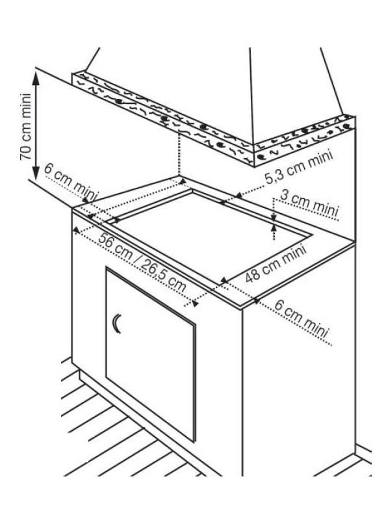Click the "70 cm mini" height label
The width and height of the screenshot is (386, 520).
(x=25, y=127)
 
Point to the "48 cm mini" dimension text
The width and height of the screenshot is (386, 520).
(x=276, y=263)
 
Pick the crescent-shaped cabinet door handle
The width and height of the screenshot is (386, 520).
(x=117, y=323)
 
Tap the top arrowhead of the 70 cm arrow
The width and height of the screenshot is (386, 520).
(x=36, y=77)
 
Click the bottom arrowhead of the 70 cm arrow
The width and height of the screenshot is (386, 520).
(x=36, y=172)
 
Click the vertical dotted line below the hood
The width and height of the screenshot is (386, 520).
(x=179, y=152)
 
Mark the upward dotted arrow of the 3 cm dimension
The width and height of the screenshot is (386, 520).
(x=274, y=231)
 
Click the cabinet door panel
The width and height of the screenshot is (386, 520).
(x=151, y=354)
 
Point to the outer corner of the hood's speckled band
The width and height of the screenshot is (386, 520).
(x=253, y=166)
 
